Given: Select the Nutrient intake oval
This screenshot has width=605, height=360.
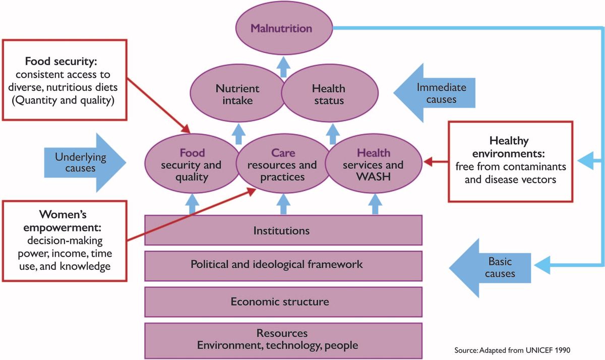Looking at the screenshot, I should tap(237, 94).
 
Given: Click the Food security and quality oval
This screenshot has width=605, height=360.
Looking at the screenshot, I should tap(191, 165).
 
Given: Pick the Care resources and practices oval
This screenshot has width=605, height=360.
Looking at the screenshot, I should tap(283, 165).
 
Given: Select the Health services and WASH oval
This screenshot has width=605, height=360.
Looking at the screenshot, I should tap(373, 165).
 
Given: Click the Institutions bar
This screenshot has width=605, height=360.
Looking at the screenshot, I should tap(283, 231).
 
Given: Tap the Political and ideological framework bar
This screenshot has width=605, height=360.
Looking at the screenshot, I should tap(283, 265).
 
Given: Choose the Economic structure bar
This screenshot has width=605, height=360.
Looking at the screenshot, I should tap(283, 302).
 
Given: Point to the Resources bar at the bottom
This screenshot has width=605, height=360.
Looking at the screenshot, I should tap(283, 339).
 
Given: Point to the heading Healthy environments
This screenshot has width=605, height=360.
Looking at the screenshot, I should tap(511, 147).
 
